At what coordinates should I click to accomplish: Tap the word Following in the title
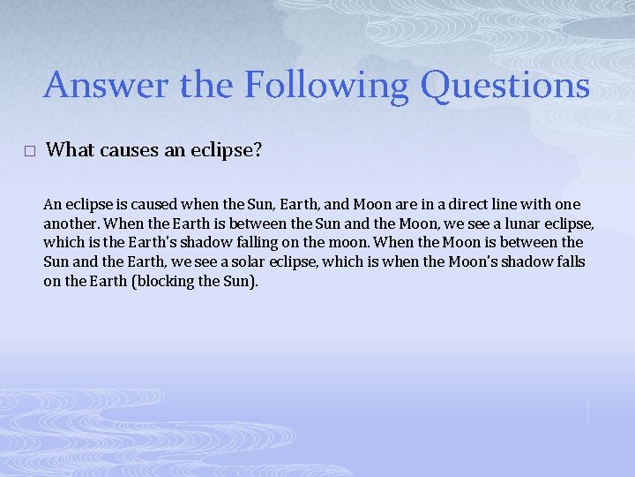point(327,86)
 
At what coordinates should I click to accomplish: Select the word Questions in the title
point(504,86)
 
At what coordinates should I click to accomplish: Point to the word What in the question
point(70,149)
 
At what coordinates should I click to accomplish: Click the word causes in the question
point(129,149)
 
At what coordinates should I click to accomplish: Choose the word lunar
point(521,223)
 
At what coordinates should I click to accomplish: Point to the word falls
point(566,262)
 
